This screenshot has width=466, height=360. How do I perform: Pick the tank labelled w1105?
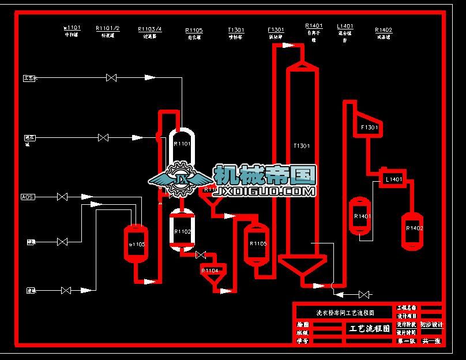click(137, 243)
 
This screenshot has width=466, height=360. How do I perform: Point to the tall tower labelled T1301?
click(301, 162)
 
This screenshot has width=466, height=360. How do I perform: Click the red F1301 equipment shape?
click(368, 127)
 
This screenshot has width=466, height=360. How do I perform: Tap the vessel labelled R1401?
click(362, 216)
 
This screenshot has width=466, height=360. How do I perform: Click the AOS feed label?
click(27, 197)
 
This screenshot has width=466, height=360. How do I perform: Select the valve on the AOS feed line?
click(62, 197)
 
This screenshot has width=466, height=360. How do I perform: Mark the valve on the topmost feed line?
click(112, 77)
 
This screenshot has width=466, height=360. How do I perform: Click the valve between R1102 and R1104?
click(201, 254)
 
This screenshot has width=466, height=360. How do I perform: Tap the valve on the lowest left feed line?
click(66, 290)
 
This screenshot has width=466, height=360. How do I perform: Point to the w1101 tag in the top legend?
click(72, 28)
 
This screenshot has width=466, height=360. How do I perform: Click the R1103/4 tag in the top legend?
click(150, 29)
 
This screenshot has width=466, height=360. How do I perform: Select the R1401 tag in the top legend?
click(314, 26)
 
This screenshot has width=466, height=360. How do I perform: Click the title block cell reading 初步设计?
click(432, 325)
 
